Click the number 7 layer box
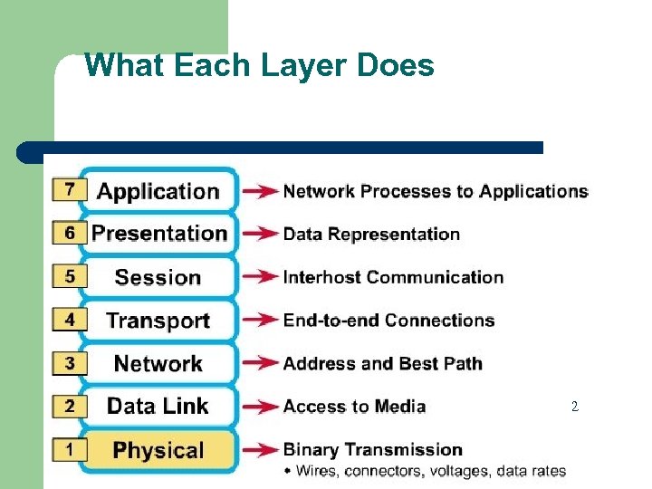[70, 189]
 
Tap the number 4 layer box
[70, 320]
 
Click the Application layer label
[158, 191]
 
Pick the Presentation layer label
[159, 234]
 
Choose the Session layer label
[158, 277]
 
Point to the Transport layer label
[158, 321]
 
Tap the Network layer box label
[158, 363]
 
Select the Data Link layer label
[158, 407]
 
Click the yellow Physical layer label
[158, 450]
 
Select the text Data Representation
[371, 234]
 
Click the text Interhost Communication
[393, 277]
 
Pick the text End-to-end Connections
[388, 321]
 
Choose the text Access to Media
[354, 407]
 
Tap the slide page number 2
[574, 407]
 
